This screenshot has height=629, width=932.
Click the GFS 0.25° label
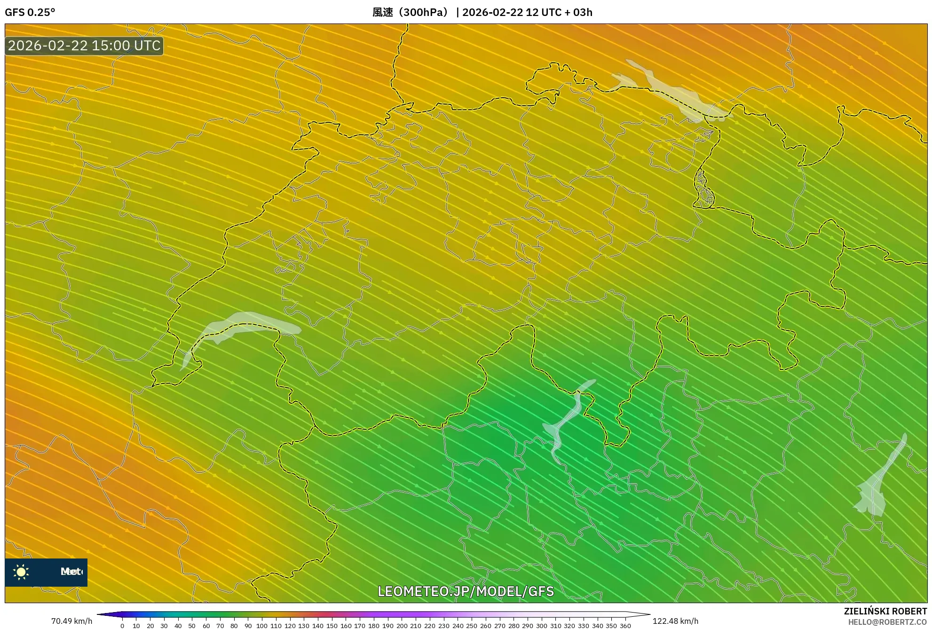coord(30,12)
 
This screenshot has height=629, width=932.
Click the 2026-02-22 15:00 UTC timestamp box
coord(84,46)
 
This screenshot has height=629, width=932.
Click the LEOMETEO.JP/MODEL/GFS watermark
coord(466,591)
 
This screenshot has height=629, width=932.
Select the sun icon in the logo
coord(21,572)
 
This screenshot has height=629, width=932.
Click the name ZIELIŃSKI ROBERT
coord(885,611)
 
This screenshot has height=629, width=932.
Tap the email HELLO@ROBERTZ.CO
coord(887,622)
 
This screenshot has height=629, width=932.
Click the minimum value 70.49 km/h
coord(71,621)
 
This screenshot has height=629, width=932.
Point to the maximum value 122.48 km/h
coord(675,621)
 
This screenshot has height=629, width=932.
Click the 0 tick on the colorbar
coord(122,626)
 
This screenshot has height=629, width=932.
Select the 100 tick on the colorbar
coord(262,626)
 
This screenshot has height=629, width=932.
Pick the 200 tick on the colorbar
coord(402,626)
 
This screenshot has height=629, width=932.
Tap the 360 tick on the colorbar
coord(625,626)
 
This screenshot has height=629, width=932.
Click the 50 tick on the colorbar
coord(192,626)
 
